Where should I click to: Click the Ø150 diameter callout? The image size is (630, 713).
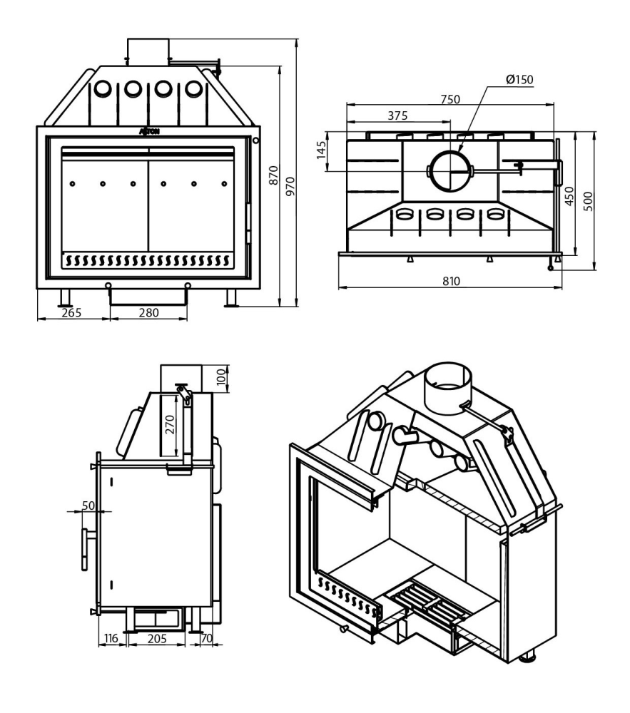[x=519, y=79]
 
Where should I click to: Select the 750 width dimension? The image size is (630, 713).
[x=449, y=99]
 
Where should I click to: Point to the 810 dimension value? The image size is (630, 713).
[x=449, y=282]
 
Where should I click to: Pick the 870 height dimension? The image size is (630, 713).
[x=273, y=184]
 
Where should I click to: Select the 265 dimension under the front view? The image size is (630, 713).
[x=72, y=312]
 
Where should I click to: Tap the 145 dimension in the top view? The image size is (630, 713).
[x=321, y=151]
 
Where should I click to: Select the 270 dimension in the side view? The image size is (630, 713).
[x=168, y=425]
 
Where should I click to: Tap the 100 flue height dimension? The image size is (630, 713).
[x=222, y=375]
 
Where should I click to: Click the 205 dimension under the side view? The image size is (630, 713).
[x=158, y=639]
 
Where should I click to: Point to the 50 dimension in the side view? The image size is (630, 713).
[x=88, y=505]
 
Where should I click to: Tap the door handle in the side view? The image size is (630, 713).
[x=87, y=550]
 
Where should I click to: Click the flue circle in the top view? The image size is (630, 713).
[x=449, y=170]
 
